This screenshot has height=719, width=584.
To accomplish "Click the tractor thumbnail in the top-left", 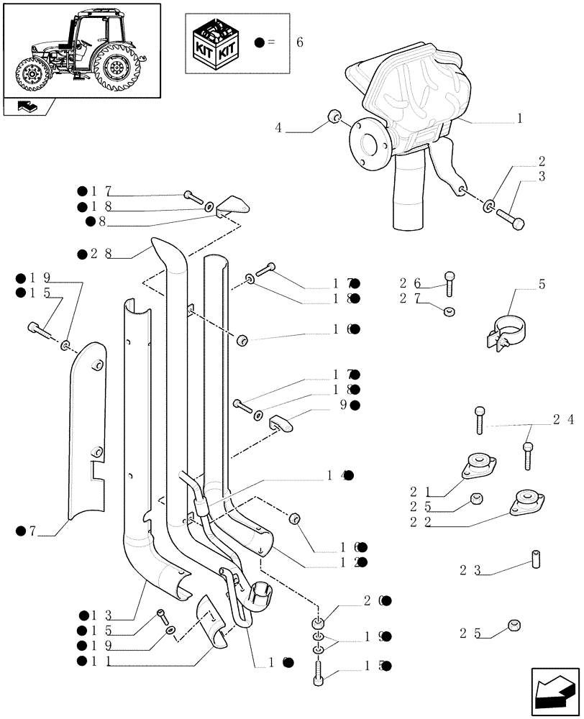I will click(x=81, y=48).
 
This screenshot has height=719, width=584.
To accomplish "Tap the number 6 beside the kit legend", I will click(x=299, y=42).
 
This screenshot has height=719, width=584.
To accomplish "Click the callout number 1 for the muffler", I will click(x=519, y=119).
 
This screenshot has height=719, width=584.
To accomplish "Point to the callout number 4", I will click(x=278, y=129).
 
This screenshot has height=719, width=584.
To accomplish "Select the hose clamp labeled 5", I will click(x=506, y=331).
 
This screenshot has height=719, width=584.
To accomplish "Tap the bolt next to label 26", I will click(x=450, y=284).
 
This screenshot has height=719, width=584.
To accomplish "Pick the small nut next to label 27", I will click(x=449, y=311).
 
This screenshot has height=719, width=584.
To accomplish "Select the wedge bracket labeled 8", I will click(x=232, y=206).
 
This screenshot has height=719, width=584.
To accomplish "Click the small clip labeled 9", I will click(x=281, y=423).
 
